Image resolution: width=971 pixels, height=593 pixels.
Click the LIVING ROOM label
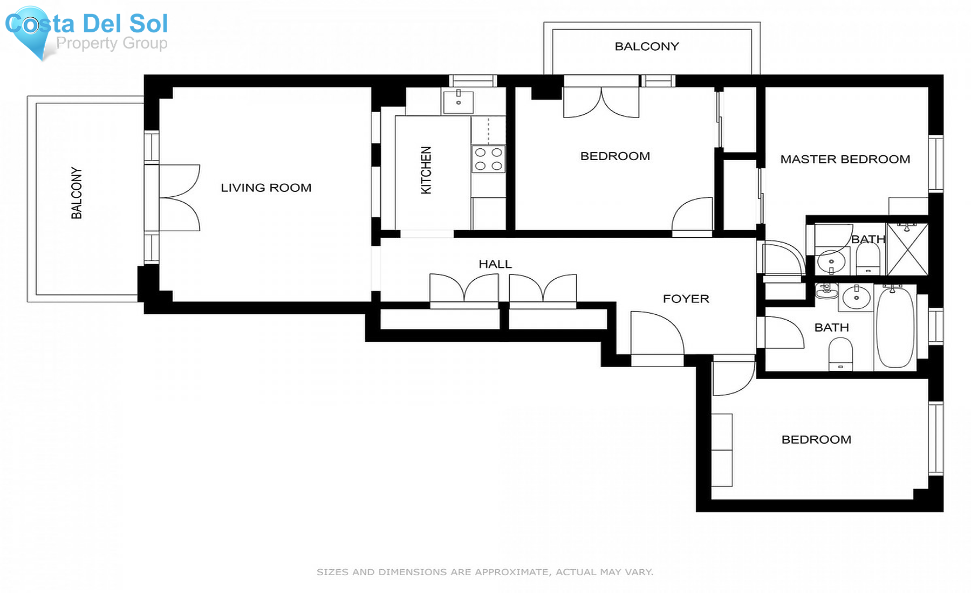tap(266, 188)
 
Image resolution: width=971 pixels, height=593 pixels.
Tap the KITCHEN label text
tap(426, 170)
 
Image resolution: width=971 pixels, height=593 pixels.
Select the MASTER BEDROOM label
tap(845, 159)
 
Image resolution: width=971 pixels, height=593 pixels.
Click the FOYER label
tap(686, 299)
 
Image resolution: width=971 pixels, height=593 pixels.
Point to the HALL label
tap(495, 264)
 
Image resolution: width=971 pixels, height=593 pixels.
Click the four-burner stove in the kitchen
tap(488, 159)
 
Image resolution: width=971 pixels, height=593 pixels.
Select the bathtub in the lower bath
tap(895, 327)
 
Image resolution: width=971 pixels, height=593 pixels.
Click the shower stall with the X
tap(907, 250)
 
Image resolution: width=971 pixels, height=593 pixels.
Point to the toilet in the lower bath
tap(840, 354)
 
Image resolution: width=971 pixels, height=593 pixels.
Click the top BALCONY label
tap(647, 46)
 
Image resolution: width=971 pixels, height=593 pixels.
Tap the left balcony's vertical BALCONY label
tap(77, 193)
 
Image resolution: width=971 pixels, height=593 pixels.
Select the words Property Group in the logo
tap(112, 43)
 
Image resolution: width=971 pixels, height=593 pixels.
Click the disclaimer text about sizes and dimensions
tap(484, 572)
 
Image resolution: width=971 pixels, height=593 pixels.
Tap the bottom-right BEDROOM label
tap(816, 439)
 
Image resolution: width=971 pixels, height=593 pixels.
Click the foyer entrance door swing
tap(655, 334)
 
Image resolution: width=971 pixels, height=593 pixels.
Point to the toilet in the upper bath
tap(868, 259)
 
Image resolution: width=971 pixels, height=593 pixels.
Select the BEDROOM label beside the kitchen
tap(615, 156)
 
